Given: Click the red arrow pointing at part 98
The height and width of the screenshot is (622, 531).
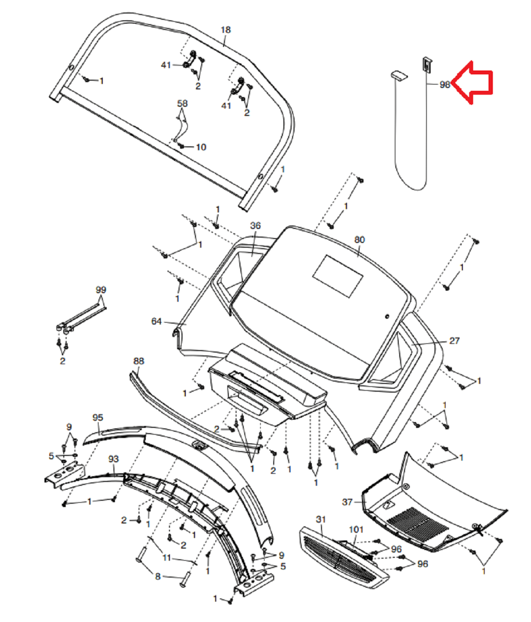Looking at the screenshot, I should [x=474, y=82].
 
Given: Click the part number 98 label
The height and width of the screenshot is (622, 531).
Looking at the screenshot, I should [x=445, y=85].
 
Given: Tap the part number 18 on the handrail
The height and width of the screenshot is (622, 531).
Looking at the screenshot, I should [x=225, y=30].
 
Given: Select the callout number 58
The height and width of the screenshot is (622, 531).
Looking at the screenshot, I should [x=182, y=104].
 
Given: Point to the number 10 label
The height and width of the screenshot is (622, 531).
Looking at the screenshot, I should [x=201, y=147].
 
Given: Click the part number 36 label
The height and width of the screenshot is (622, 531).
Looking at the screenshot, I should [x=255, y=226].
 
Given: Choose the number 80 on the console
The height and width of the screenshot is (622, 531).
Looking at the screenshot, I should [x=360, y=240].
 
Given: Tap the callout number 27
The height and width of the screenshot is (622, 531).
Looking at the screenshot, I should [x=454, y=341].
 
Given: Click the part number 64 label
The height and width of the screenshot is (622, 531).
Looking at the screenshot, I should [x=156, y=321].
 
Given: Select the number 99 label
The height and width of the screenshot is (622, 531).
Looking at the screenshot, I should [x=101, y=290].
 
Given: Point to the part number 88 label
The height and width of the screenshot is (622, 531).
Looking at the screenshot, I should [x=139, y=361].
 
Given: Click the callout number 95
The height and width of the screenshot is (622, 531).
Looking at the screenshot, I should [x=98, y=417].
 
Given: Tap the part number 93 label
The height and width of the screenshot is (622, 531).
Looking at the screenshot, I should [x=113, y=458].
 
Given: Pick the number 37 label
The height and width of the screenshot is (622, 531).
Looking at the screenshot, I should [x=348, y=502].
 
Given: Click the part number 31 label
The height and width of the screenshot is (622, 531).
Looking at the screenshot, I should [x=321, y=519].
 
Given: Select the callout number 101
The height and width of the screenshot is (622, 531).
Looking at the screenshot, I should [x=356, y=530].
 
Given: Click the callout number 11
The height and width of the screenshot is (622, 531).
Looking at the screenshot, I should [x=167, y=558].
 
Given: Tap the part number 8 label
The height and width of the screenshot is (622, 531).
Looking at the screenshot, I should [x=157, y=576].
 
